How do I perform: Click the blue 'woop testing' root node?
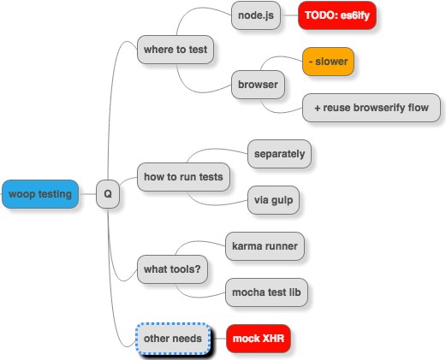coord(40,194)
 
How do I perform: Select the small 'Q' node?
coord(108,194)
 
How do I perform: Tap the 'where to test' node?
coord(175,50)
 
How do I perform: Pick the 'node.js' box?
coord(256,15)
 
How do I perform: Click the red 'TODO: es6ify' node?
coord(337,15)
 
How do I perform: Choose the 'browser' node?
coord(258,85)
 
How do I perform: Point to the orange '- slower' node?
coord(328,62)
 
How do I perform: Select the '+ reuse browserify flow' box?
coord(372,108)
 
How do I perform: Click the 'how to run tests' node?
coord(183,177)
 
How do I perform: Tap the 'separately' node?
coord(279,154)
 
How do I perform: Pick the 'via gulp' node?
coord(273,200)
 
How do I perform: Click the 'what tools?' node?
coord(172,269)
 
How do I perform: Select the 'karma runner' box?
coord(265,246)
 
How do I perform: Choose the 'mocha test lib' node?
coord(266,292)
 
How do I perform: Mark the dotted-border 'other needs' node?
coord(173,339)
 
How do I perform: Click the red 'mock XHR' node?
coord(259,339)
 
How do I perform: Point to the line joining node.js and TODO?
coord(289,15)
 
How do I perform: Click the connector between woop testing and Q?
coord(87,194)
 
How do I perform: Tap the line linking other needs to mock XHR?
coord(218,339)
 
